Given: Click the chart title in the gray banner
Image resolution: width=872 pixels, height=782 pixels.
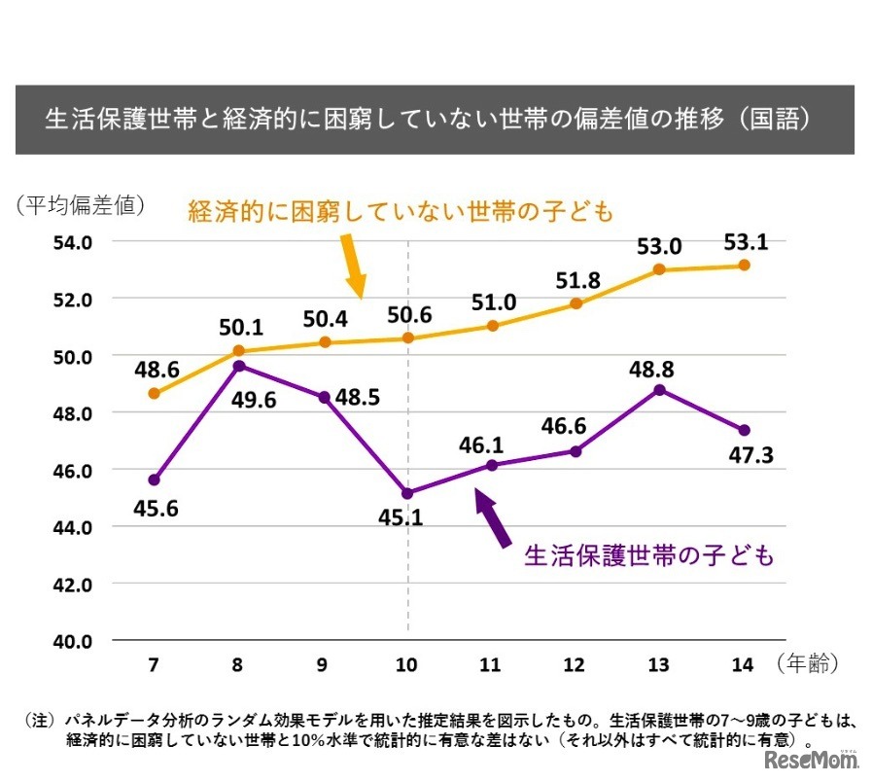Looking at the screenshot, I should [x=435, y=120].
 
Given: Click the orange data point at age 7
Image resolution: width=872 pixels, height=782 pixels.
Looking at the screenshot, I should [x=154, y=393].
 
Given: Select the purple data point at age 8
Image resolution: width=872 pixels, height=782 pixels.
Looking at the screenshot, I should [x=238, y=366].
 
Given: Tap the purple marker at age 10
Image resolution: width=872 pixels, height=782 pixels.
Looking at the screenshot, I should [x=407, y=493].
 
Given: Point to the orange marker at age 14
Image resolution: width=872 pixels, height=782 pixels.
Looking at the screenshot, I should [x=744, y=265].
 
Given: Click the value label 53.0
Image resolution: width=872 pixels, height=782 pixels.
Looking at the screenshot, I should [x=658, y=245].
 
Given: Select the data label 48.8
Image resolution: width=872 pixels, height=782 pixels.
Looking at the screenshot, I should [x=659, y=370].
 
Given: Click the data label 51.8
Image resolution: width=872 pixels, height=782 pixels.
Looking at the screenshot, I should [x=576, y=281].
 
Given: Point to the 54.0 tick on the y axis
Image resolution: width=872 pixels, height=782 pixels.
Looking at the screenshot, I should [x=73, y=242].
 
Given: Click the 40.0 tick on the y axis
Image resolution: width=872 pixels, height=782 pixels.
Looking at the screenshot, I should [x=73, y=642].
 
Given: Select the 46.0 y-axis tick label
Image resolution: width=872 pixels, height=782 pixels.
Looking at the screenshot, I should [x=73, y=471].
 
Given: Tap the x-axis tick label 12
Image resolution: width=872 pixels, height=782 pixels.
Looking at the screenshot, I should [x=575, y=665].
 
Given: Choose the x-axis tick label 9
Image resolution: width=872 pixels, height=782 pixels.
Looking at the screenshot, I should [x=322, y=665].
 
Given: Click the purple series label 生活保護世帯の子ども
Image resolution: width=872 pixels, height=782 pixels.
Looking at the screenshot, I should [x=649, y=555].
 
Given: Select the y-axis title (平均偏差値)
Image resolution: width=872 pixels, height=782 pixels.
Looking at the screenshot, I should [x=80, y=205].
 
